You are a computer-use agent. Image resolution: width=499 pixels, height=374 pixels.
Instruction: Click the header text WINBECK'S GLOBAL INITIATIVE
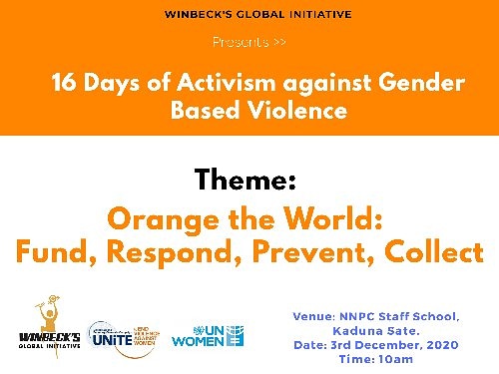[249, 14]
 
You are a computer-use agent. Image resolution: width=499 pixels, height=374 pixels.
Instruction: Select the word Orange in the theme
[162, 217]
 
